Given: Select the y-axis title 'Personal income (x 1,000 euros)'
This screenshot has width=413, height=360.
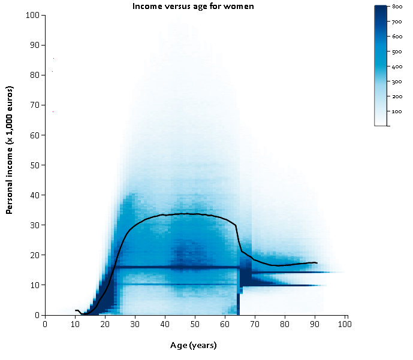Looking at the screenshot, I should tap(10, 150).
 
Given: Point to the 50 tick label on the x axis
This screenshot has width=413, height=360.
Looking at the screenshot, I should tap(195, 324).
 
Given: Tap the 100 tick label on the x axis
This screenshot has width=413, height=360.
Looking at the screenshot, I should tap(345, 324).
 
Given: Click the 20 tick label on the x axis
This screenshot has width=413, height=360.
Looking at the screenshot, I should tap(105, 324).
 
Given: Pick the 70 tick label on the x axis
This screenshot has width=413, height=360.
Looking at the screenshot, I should tap(255, 324).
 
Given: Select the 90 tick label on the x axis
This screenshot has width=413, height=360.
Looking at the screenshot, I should tap(315, 324).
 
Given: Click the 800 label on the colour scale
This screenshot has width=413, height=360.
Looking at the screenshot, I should tap(397, 6).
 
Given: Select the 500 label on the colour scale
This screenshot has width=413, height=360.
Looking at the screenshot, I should tap(397, 52).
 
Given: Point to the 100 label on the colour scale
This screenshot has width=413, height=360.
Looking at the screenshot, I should tap(397, 111).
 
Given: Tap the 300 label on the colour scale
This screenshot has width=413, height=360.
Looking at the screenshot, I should tap(397, 81).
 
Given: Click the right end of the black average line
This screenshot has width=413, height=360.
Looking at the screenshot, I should tap(316, 263).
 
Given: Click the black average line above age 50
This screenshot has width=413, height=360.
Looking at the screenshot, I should tap(195, 214).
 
